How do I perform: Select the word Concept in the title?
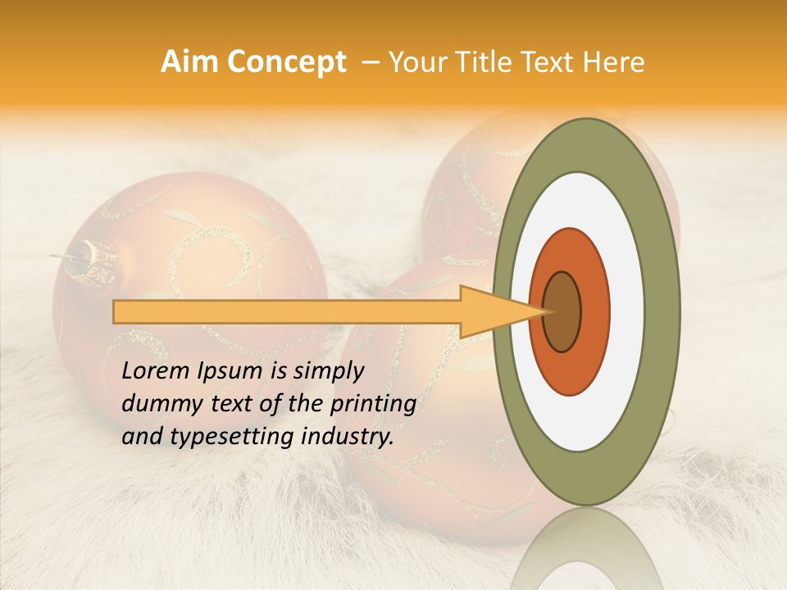pyautogui.click(x=285, y=62)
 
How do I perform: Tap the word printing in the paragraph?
pyautogui.click(x=371, y=404)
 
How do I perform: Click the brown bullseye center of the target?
pyautogui.click(x=562, y=311)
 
